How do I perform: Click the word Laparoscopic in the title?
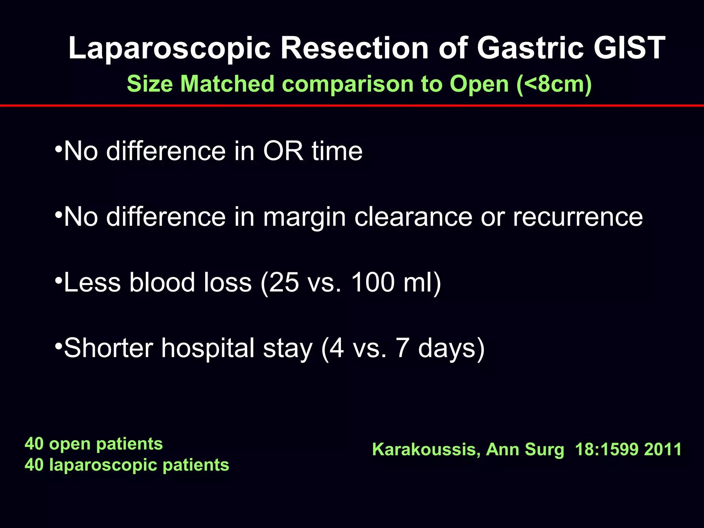point(169,48)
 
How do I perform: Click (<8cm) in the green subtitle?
point(554,84)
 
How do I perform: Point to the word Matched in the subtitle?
point(227,84)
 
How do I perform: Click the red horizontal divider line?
point(352,106)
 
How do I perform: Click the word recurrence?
point(577,217)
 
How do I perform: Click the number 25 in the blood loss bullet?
point(284,282)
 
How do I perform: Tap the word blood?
point(162,282)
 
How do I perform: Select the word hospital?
point(207,348)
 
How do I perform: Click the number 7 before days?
point(402,348)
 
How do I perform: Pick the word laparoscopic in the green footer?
point(103,465)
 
